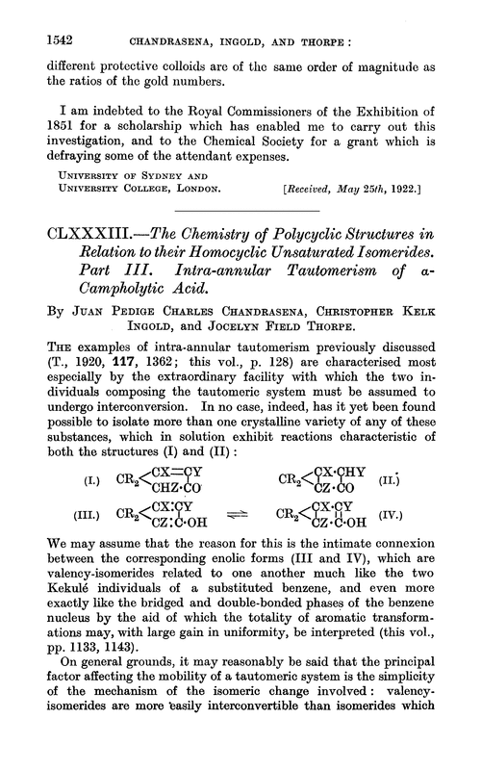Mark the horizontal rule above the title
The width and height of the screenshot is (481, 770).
[240, 204]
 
